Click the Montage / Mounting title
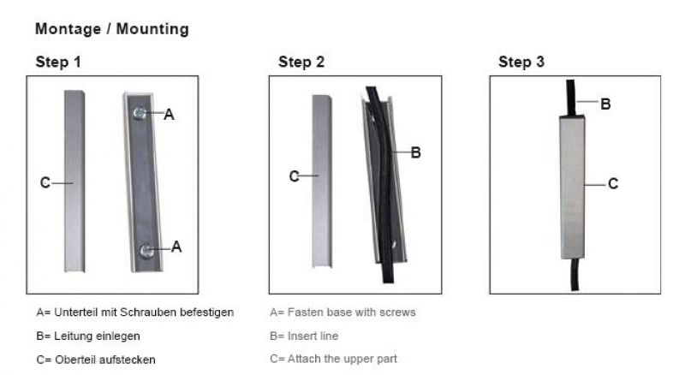pos(112,29)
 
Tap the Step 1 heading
pos(58,62)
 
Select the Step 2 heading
pos(301,62)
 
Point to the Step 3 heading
pos(521,62)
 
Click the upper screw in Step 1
pos(140,113)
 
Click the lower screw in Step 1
pos(146,251)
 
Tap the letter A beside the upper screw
pos(169,115)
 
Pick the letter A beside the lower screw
pos(176,247)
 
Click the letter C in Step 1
pos(45,182)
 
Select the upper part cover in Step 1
pos(74,181)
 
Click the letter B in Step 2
pos(416,152)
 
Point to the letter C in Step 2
pos(294,176)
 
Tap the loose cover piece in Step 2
pos(322,181)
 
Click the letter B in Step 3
pos(605,104)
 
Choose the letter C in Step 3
pos(613,183)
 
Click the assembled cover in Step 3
pos(572,187)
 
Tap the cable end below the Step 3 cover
pos(575,275)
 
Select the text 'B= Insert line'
pos(304,336)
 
